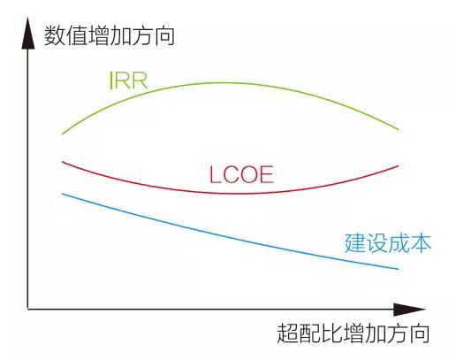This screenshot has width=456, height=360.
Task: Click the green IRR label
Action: coord(128,80)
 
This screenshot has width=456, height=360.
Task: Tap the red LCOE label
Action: coord(241,175)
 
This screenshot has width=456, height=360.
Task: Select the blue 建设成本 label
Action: coord(388,243)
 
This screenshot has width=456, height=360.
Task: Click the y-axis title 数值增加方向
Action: coord(110,36)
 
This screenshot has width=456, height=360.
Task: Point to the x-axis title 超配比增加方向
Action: coord(353,333)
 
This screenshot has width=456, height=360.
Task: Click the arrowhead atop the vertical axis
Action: coord(28,33)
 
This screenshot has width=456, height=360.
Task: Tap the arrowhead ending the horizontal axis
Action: coord(409,310)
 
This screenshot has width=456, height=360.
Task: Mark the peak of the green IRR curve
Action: coord(227,83)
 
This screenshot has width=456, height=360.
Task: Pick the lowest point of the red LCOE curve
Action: coord(236,194)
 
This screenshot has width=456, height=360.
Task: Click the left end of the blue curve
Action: coord(63,194)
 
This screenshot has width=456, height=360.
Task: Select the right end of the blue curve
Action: coord(398,269)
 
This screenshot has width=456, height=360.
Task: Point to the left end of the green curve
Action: coord(62,134)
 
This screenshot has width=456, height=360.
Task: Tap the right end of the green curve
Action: coord(399,129)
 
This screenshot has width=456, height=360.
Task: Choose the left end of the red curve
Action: coord(63,162)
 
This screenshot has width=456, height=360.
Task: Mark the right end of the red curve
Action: coord(398,166)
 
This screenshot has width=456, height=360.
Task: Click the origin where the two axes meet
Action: coord(28,309)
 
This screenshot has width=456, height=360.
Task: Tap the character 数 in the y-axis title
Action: coord(55,36)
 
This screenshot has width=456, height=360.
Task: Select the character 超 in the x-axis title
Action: coord(287,333)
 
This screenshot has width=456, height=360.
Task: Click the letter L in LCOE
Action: coord(215,175)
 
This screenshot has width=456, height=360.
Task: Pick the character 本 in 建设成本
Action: coord(422,243)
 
